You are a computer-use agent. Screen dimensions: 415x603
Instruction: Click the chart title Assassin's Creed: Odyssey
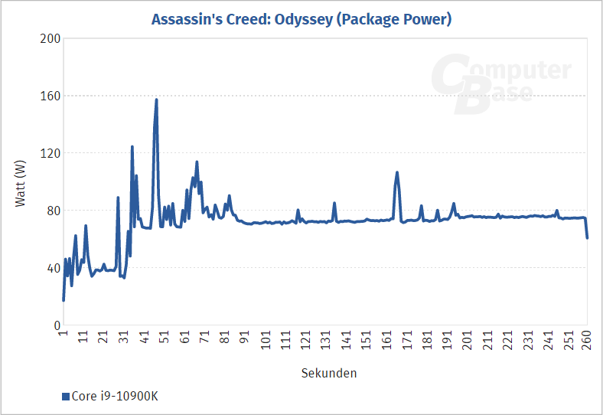301,19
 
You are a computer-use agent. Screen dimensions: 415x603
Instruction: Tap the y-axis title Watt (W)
21,182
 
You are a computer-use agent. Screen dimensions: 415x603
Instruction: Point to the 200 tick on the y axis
50,39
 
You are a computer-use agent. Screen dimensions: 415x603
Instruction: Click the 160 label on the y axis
50,96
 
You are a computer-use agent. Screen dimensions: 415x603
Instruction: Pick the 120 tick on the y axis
50,153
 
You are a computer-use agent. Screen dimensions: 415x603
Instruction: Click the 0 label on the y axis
56,325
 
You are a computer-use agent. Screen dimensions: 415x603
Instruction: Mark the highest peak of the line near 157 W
156,100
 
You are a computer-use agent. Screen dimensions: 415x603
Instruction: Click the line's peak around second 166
397,172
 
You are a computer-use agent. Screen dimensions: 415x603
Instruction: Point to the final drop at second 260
587,237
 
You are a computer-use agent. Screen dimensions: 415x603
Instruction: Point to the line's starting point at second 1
64,299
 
